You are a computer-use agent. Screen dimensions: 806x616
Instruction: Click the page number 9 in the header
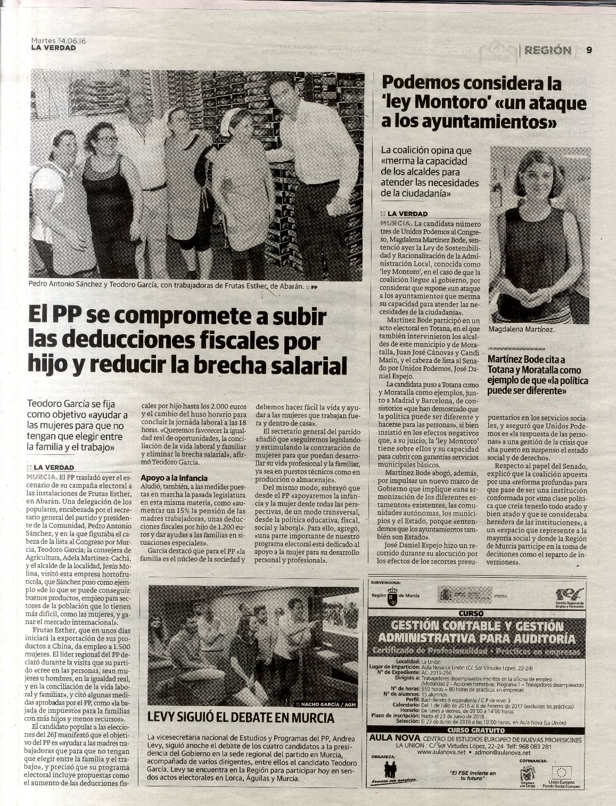click(x=589, y=51)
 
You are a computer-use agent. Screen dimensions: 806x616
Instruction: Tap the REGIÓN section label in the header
click(x=547, y=51)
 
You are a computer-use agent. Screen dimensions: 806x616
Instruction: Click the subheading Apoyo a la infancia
click(x=173, y=478)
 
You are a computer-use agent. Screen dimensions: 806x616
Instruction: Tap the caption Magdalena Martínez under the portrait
click(x=521, y=330)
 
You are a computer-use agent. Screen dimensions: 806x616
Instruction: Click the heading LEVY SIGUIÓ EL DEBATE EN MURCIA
click(x=242, y=718)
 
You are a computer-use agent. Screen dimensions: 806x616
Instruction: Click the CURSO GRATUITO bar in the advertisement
click(x=470, y=730)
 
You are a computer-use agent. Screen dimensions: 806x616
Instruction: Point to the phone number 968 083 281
click(x=534, y=746)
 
